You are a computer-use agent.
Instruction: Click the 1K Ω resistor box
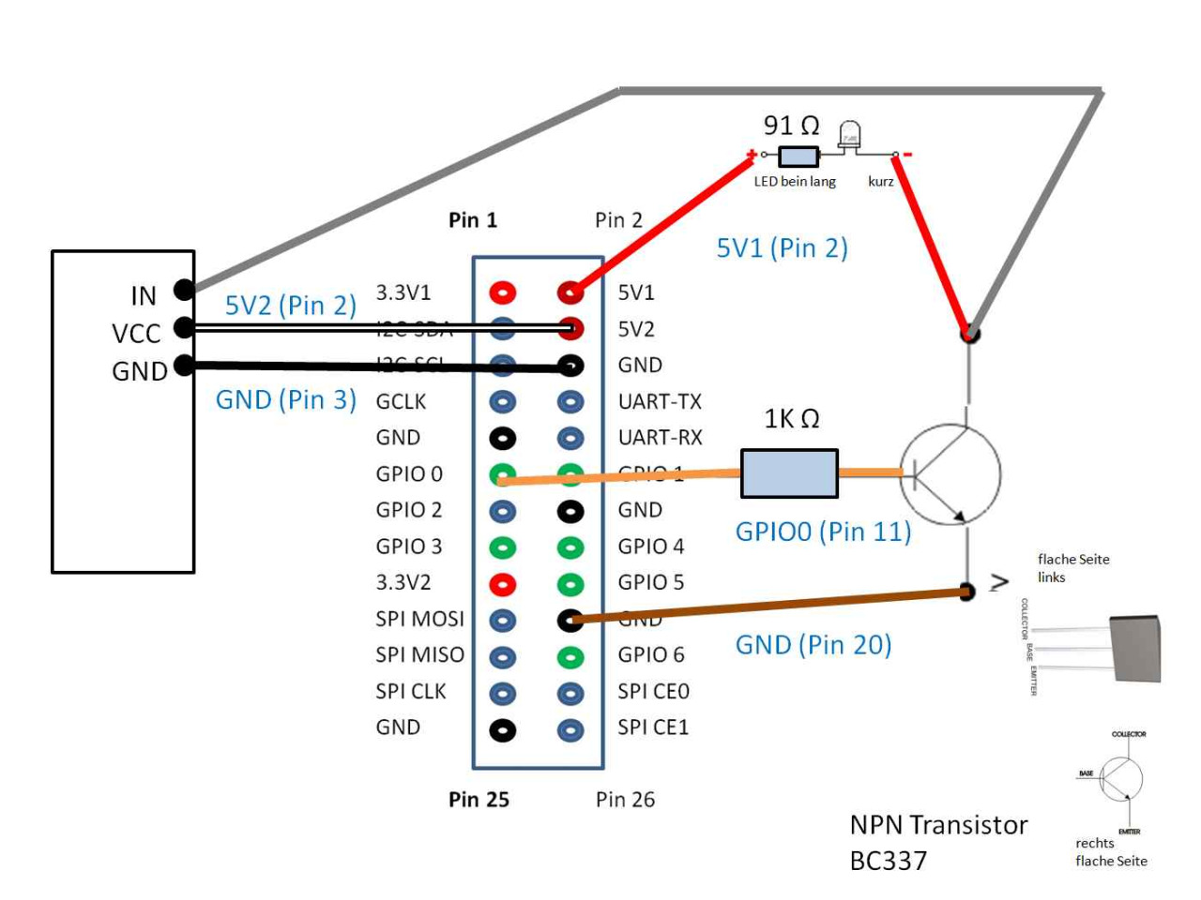click(789, 473)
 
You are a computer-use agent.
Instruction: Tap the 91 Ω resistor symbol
click(798, 156)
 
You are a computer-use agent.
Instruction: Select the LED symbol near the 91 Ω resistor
click(849, 137)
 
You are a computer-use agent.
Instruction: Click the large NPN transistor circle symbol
click(950, 473)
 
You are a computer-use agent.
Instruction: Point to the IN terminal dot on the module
click(184, 290)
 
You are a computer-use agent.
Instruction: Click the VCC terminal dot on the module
click(184, 327)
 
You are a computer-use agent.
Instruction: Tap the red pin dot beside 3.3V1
click(503, 292)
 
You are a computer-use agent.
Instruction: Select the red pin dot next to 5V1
click(570, 292)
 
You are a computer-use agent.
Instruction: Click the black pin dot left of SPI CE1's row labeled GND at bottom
click(503, 729)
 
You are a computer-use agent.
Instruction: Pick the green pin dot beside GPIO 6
click(570, 657)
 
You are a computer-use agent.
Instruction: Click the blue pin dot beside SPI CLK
click(503, 694)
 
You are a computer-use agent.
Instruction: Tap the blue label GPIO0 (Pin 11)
click(823, 532)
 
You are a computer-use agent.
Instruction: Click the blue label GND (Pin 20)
click(813, 645)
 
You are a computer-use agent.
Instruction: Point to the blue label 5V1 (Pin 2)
click(782, 248)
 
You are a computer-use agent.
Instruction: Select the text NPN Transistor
click(938, 825)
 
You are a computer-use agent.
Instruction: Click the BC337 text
click(888, 861)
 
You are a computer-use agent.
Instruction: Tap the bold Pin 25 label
click(479, 800)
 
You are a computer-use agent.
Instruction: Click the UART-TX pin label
click(660, 401)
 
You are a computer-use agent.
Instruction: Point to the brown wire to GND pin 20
click(769, 606)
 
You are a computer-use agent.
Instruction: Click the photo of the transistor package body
click(1135, 648)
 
